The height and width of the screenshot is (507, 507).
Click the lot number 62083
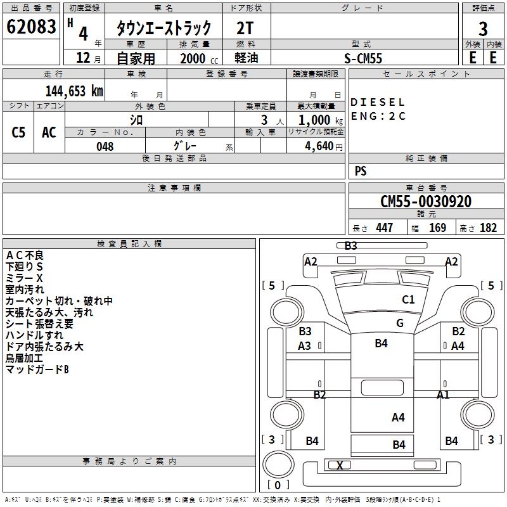pos(31,27)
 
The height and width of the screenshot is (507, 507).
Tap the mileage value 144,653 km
pos(74,91)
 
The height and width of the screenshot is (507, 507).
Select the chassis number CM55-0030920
pos(426,202)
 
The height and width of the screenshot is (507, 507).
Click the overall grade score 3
pos(483,29)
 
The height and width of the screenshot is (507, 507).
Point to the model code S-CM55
pos(363,58)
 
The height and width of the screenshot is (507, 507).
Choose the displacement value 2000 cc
pos(199,58)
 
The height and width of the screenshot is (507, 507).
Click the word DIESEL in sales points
pos(377,103)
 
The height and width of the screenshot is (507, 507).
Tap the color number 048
pos(105,146)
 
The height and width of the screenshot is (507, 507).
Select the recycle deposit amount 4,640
pos(323,146)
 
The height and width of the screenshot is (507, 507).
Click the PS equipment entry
pos(361,170)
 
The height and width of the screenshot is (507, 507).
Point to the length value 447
pos(385,228)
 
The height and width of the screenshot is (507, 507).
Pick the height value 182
pos(488,228)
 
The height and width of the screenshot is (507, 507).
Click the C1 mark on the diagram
pos(408,300)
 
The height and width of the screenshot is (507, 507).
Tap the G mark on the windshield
pos(400,323)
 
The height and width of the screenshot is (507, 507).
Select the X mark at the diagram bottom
pos(340,465)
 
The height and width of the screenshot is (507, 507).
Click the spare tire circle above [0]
pos(279,464)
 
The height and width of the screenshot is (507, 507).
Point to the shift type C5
pos(18,132)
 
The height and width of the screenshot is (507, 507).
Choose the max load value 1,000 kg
pos(321,120)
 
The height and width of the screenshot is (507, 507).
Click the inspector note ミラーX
pos(24,278)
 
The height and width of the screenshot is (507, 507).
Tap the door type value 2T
pos(245,29)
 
